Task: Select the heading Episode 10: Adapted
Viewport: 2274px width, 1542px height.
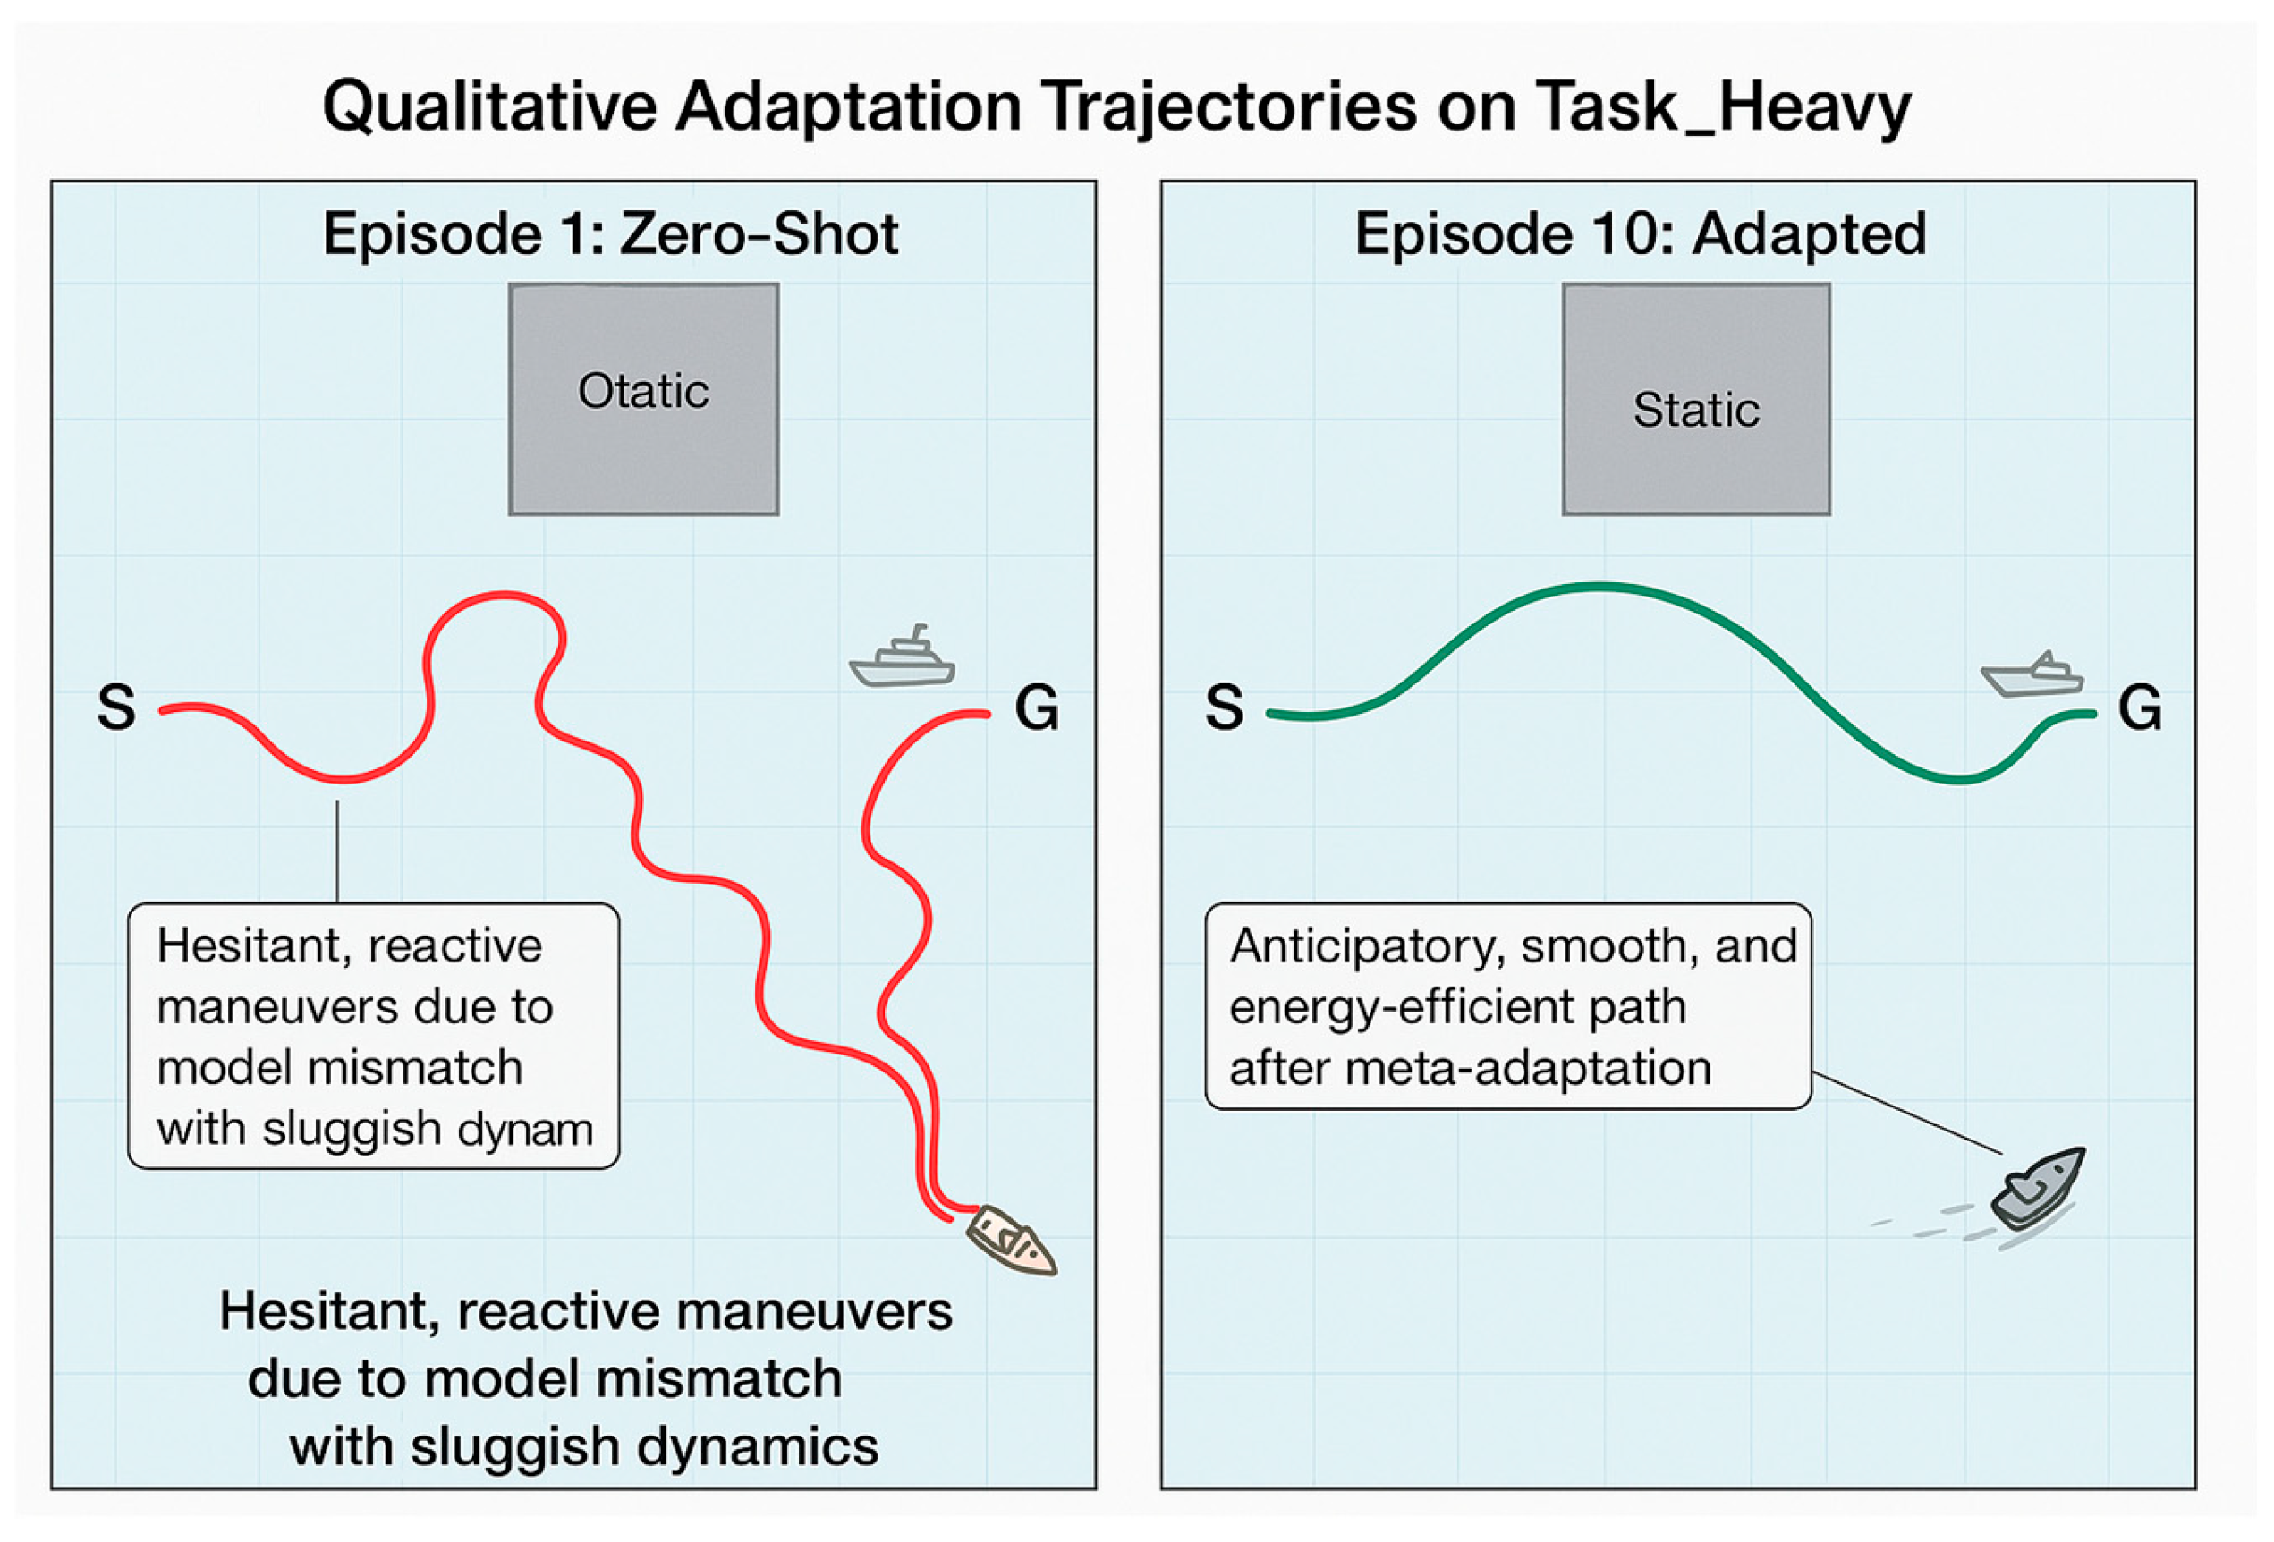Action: click(1640, 235)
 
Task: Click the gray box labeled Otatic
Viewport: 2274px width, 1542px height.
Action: click(644, 399)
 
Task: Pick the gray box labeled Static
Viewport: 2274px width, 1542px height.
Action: click(1696, 399)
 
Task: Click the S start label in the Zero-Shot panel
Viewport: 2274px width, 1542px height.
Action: click(116, 707)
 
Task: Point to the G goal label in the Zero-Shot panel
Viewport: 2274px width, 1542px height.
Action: click(1036, 707)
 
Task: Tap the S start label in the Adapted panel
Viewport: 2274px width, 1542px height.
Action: click(1224, 707)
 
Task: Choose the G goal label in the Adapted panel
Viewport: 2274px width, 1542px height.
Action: click(2140, 707)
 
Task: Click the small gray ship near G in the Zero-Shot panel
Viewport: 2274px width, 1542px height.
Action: click(902, 659)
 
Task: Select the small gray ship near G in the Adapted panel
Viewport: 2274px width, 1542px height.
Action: click(2032, 677)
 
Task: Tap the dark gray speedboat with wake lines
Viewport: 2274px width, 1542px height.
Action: click(2037, 1190)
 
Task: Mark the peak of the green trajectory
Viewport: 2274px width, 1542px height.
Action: click(1599, 587)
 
